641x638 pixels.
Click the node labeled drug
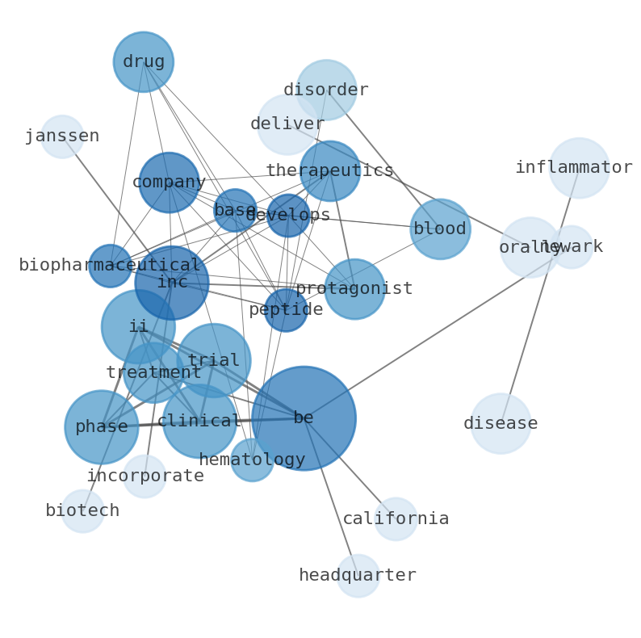click(x=144, y=62)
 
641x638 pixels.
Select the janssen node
click(x=62, y=136)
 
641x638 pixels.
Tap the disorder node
click(x=326, y=90)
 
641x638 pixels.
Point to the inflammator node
click(x=579, y=168)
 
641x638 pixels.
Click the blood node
click(x=440, y=229)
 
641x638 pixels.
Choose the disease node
click(x=501, y=423)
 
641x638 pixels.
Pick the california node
click(x=396, y=518)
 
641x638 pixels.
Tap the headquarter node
click(x=358, y=576)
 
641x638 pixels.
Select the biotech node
click(x=82, y=510)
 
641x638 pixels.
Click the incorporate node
click(x=145, y=476)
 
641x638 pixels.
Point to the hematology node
click(x=252, y=460)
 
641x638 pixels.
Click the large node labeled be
click(x=304, y=418)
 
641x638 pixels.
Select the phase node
click(x=102, y=426)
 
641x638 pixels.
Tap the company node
click(x=169, y=183)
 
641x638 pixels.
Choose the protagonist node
click(x=354, y=288)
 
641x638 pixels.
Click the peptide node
click(x=286, y=309)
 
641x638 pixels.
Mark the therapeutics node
click(x=330, y=171)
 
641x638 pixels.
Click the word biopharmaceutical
click(x=110, y=266)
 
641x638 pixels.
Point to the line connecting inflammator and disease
click(x=540, y=295)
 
